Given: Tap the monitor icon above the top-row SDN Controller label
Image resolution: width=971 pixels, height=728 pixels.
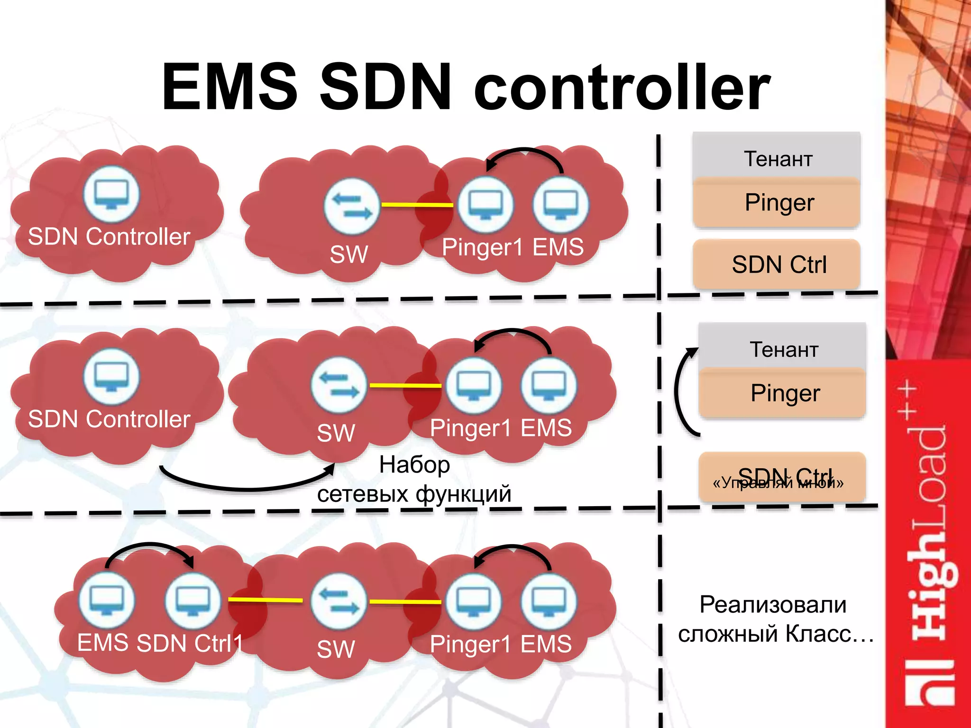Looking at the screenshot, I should point(111,194).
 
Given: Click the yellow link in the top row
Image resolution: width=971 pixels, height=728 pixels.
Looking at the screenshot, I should point(417,205).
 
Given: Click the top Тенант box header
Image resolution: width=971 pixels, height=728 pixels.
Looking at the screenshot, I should point(778,158).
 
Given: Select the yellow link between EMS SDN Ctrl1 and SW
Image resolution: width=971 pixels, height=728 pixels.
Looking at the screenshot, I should point(266,600).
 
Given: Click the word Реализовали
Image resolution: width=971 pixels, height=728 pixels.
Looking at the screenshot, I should point(773,605).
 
